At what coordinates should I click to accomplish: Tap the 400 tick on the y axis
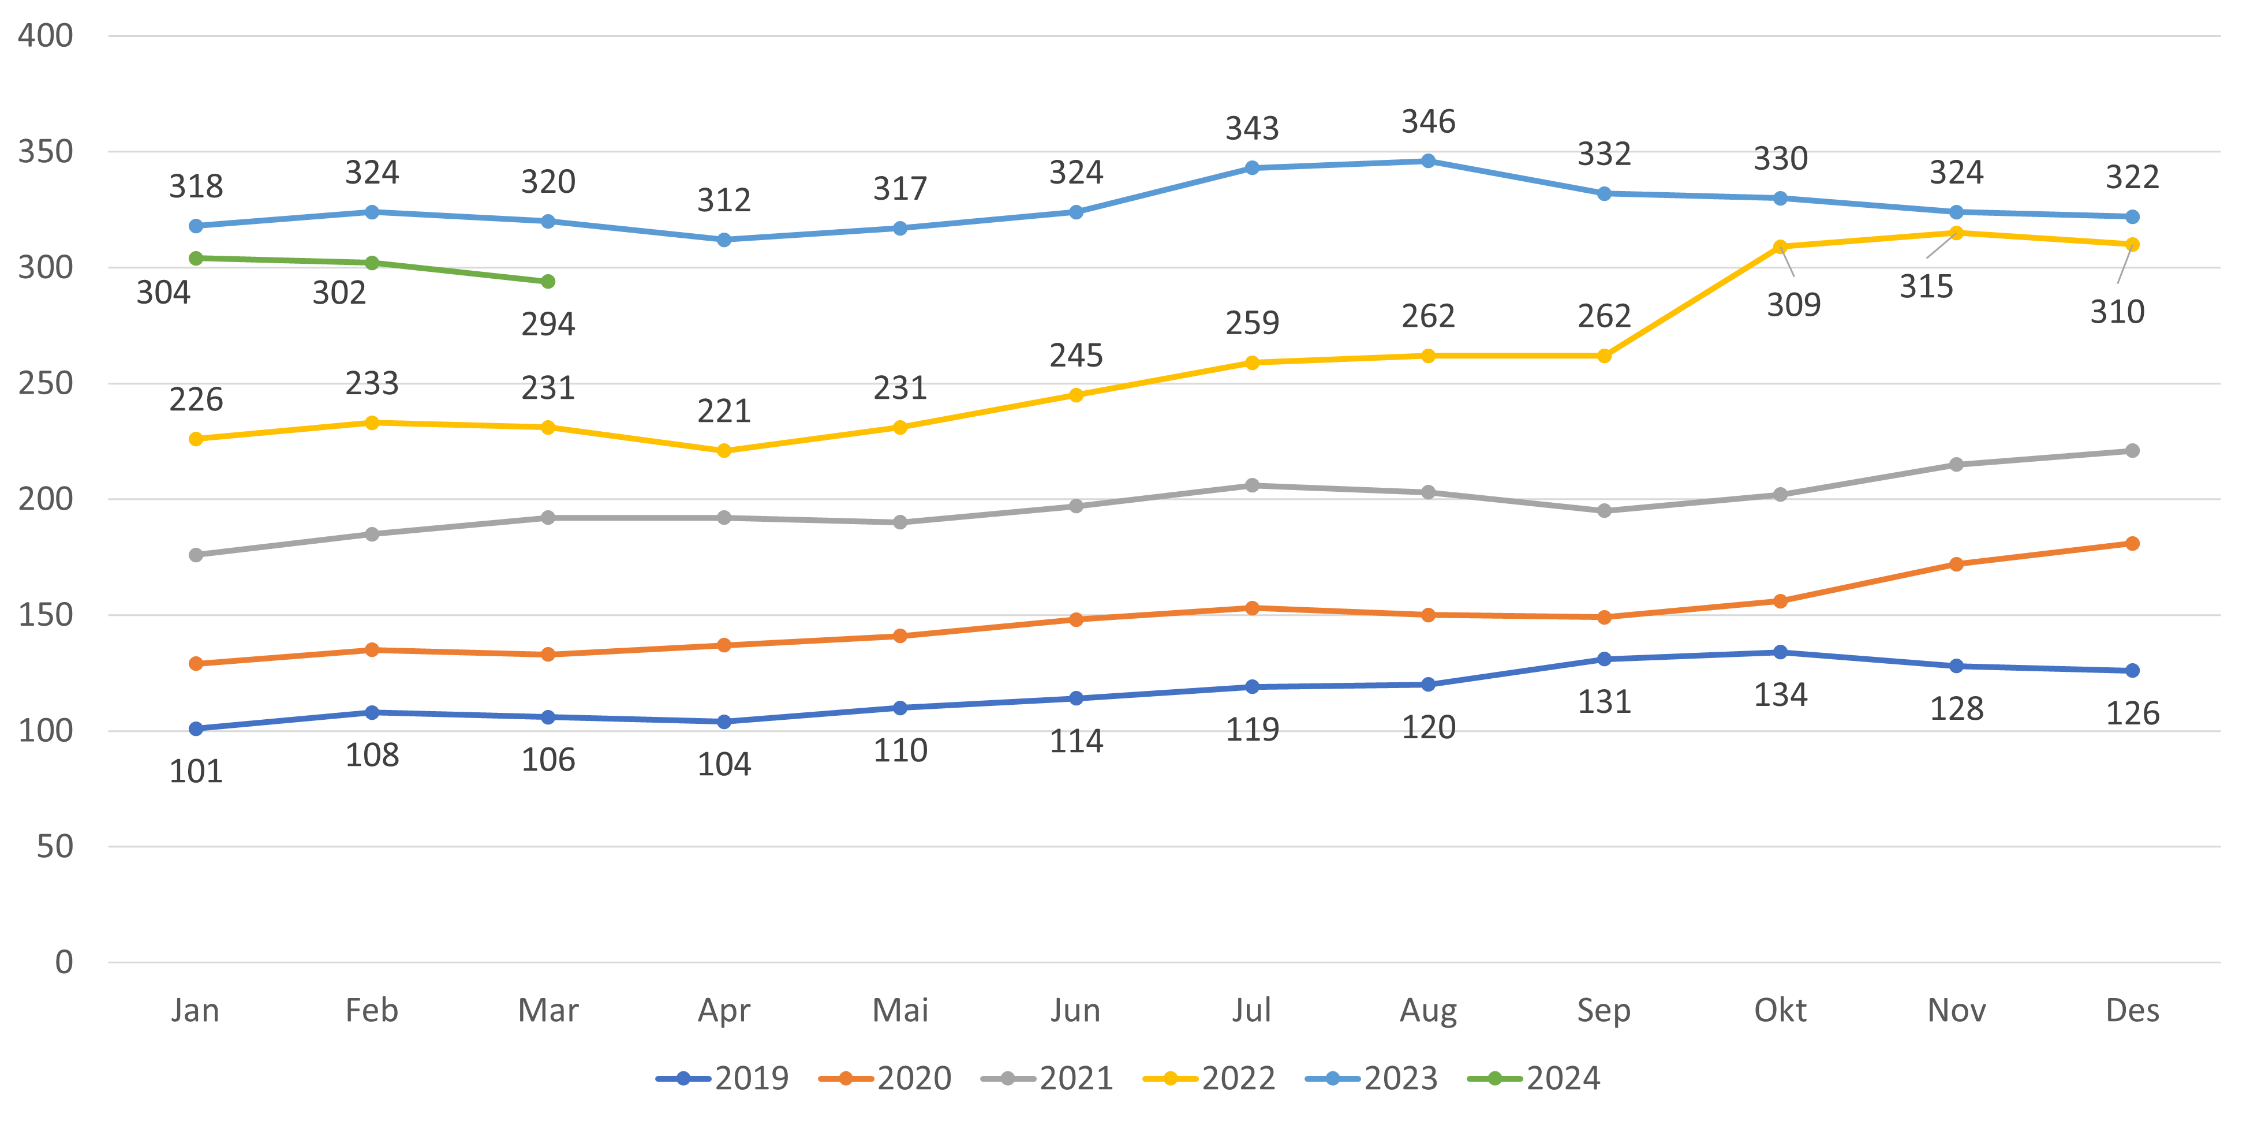(46, 36)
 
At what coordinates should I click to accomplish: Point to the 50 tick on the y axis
(54, 846)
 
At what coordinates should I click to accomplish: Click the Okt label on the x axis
(1780, 1011)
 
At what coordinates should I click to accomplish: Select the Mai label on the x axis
(900, 1011)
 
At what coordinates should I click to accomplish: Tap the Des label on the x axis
(2132, 1011)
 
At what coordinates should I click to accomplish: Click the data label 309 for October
(1793, 305)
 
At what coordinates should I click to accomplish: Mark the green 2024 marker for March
(548, 281)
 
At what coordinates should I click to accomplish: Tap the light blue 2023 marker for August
(1428, 160)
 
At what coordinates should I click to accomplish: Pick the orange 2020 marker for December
(2132, 543)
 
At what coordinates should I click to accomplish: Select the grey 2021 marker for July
(1251, 485)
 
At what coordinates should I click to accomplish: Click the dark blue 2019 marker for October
(1780, 652)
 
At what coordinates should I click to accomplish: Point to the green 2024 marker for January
(196, 259)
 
